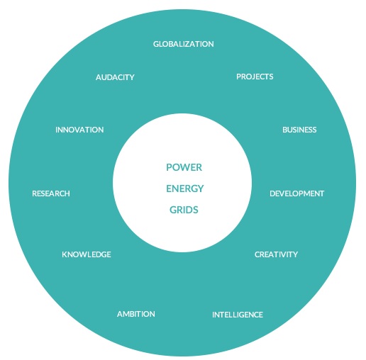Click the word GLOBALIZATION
(184, 44)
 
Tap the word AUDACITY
(115, 77)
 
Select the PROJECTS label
(255, 77)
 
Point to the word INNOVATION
(79, 130)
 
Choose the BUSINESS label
(299, 130)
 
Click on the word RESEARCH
(51, 193)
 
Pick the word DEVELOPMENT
(296, 193)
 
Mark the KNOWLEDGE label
(87, 254)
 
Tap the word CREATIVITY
(276, 254)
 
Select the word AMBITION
(136, 314)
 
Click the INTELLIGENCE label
(238, 315)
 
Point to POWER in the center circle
(184, 167)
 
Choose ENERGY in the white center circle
(185, 189)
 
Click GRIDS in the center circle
(184, 210)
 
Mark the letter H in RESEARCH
(67, 193)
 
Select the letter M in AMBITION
(126, 314)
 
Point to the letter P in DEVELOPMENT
(300, 193)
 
